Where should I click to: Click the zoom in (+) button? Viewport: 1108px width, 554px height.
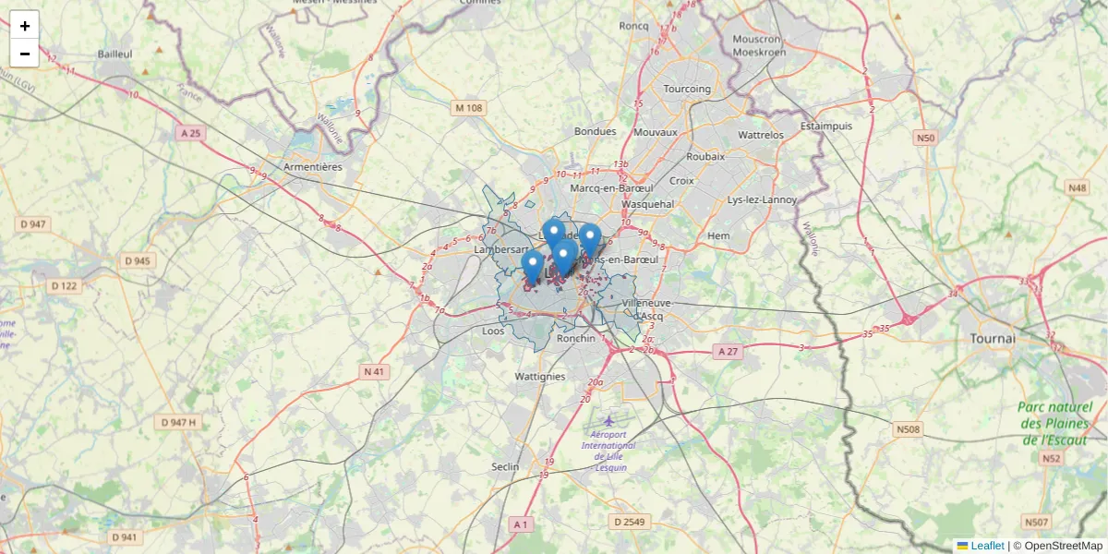[x=25, y=26]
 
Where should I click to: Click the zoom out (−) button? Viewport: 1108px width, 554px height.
[x=25, y=54]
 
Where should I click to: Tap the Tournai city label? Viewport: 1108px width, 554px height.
[x=993, y=339]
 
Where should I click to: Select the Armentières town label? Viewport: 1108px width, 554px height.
[x=313, y=167]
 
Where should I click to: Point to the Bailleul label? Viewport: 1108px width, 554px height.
[x=115, y=54]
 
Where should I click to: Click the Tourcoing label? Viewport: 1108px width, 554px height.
[x=687, y=89]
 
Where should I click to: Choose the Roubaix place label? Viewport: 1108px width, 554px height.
[x=706, y=157]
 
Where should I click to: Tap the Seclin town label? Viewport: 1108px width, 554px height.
[x=505, y=466]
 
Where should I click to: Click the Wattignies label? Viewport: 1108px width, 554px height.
[x=539, y=377]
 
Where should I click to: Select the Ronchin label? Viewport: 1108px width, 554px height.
[x=576, y=339]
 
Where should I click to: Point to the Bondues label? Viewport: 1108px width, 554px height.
[x=595, y=132]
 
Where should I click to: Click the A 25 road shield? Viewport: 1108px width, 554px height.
[x=191, y=134]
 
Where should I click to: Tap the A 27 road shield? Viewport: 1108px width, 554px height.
[x=729, y=352]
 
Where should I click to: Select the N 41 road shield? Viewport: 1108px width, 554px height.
[x=373, y=372]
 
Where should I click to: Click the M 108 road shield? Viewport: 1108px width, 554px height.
[x=468, y=108]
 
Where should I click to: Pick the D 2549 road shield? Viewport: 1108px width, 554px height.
[x=628, y=522]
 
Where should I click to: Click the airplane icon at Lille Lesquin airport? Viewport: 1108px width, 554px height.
[x=608, y=421]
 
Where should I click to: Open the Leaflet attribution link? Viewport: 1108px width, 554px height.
[x=987, y=546]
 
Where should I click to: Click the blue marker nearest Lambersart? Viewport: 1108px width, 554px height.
[x=532, y=266]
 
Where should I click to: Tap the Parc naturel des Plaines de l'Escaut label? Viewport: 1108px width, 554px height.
[x=1055, y=424]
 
